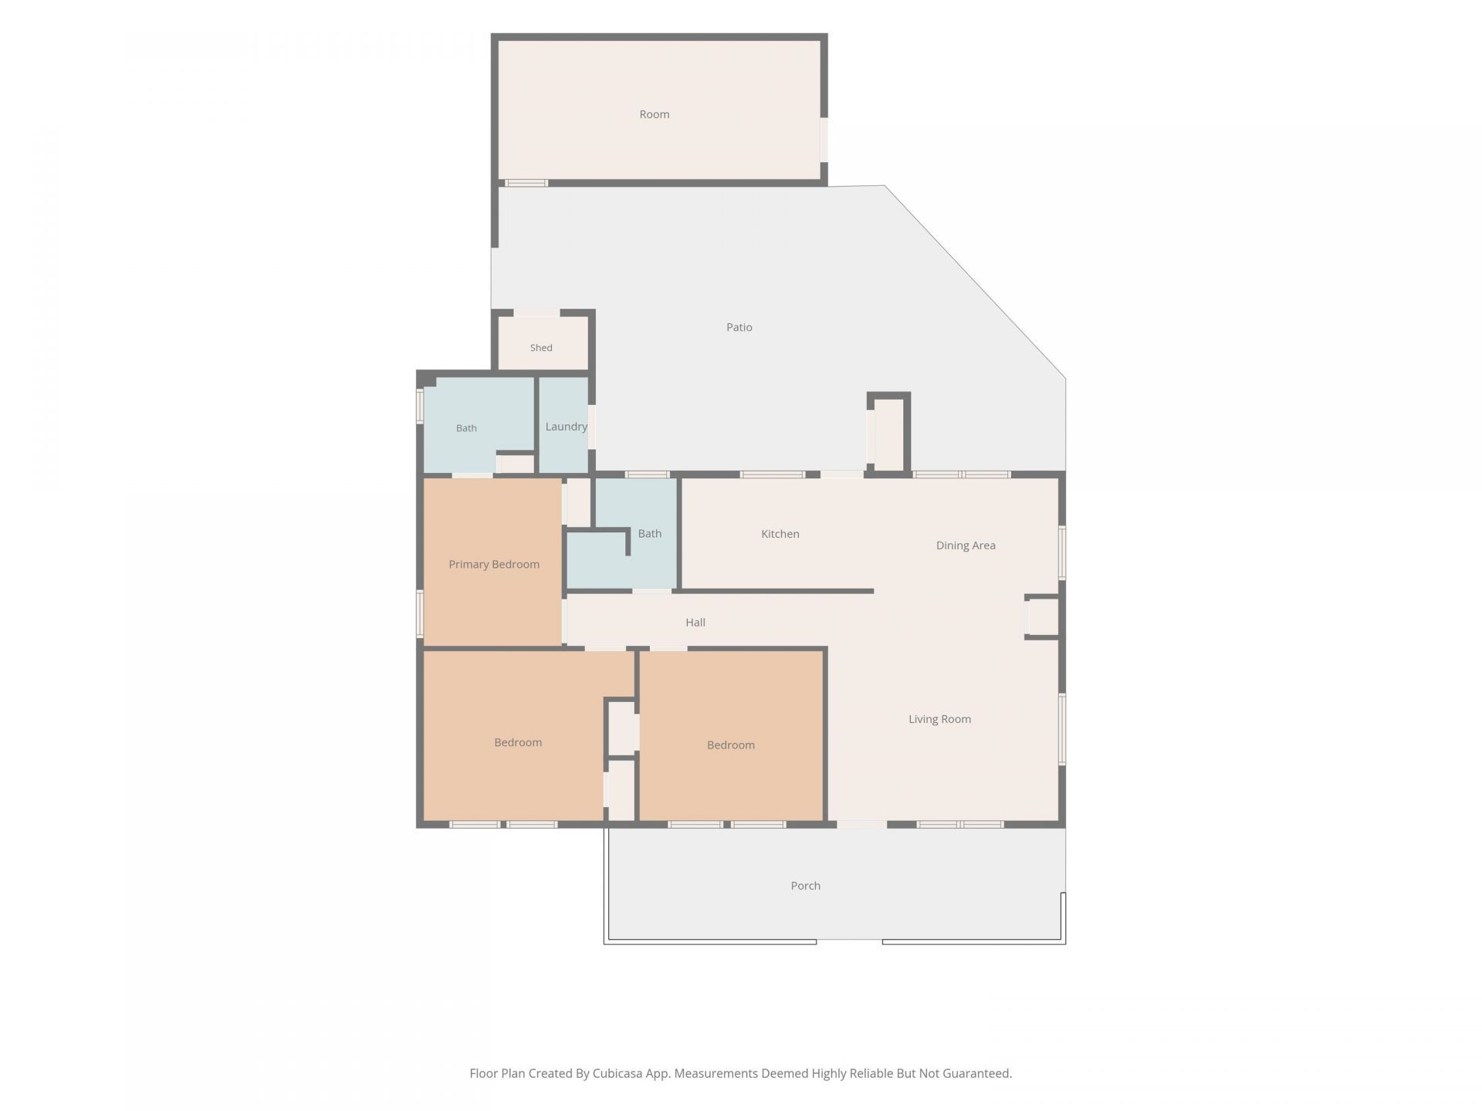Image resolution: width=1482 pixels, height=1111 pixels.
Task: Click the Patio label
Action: point(739,327)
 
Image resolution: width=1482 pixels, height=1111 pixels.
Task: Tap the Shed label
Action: point(541,348)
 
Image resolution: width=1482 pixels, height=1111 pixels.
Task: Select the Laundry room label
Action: point(566,427)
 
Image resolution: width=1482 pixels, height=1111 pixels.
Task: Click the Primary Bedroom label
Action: point(494,565)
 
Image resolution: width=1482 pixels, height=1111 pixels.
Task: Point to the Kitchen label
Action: point(780,534)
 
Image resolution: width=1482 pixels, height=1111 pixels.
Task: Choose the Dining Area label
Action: point(966,545)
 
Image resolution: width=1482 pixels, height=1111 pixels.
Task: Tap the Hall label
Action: point(695,623)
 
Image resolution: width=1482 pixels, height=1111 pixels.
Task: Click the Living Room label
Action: point(939,719)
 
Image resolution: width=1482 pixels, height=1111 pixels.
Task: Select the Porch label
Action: point(805,886)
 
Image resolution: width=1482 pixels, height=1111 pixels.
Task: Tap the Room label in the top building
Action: point(655,114)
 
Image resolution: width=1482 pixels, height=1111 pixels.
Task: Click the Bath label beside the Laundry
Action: point(466,428)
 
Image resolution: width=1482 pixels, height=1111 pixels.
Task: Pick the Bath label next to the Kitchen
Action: point(650,534)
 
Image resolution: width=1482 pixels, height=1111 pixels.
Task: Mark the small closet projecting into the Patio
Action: point(888,434)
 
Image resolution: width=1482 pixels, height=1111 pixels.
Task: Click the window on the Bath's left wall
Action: point(421,406)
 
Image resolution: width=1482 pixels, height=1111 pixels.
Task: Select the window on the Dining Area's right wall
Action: point(1062,552)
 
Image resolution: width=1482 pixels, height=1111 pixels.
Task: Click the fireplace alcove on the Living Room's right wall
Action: point(1042,617)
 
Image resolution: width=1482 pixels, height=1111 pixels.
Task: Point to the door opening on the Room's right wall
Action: point(824,140)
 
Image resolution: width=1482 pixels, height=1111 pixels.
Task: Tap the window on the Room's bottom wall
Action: point(526,183)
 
